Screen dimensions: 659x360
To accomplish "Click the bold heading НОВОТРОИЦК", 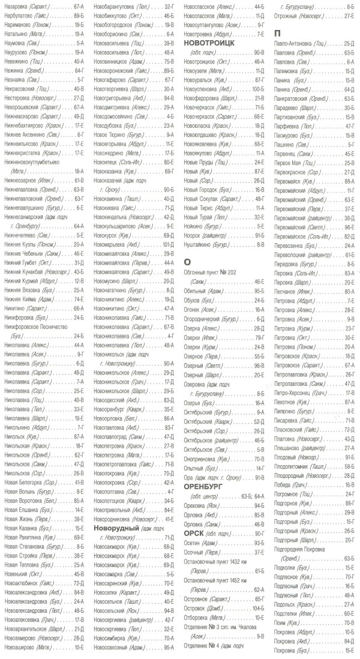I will (208, 43).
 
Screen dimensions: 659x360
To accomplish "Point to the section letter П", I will (277, 33).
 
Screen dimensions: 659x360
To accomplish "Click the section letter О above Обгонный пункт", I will (187, 262).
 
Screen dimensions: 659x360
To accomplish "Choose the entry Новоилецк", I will (107, 162).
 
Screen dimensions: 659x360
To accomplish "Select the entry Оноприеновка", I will (201, 458).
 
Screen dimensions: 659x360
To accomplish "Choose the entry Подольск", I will (285, 604).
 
